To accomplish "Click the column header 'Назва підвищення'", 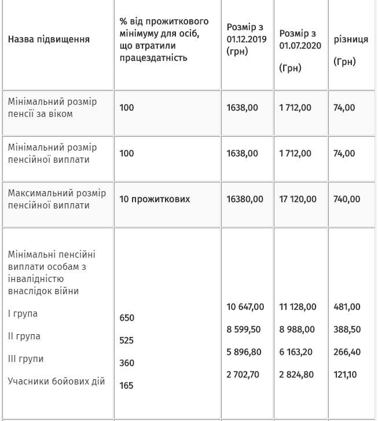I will pos(49,39).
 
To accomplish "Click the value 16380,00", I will pos(244,199).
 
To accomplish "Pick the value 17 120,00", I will pos(298,199).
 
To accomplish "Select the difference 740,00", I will pos(347,199).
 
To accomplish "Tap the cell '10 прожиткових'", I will pos(155,199).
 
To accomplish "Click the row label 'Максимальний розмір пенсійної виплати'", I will pos(57,199).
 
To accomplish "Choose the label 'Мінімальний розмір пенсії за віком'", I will pos(52,108).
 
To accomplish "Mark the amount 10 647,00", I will pos(245,307).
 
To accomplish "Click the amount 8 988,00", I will pos(297,330).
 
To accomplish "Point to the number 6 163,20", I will pos(297,352).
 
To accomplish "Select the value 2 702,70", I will pos(243,375).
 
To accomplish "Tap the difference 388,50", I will pos(347,330).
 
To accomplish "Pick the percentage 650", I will pos(127,318).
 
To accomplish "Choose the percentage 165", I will pos(126,386).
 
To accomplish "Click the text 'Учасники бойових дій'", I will pos(56,381).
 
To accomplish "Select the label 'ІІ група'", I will pos(24,336).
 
